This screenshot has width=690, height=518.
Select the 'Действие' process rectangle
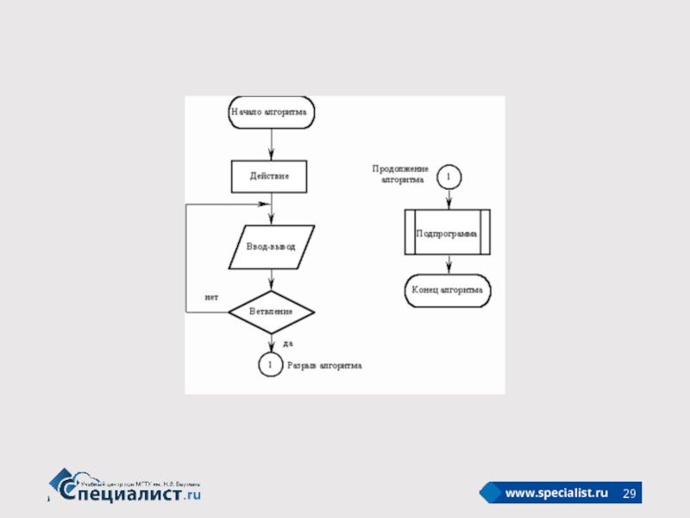[270, 176]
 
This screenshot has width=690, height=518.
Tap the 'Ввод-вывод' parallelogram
[271, 247]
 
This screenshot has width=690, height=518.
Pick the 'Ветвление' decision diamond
[271, 311]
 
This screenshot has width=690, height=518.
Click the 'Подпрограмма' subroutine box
[448, 233]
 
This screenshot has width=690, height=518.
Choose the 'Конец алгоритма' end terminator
[448, 291]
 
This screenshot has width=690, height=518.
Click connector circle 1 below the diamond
[270, 365]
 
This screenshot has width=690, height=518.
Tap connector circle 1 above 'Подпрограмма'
[448, 177]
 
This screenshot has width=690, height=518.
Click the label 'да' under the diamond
[288, 343]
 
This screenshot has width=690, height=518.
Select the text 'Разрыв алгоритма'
[324, 366]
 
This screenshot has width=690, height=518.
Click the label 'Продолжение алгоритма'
[400, 174]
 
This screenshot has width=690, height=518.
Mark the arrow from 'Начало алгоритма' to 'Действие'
[271, 143]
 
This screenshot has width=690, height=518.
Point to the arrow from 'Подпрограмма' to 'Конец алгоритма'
[448, 266]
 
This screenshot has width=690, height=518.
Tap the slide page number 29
[630, 493]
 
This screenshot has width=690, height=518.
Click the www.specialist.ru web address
[556, 493]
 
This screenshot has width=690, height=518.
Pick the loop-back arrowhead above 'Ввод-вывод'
[265, 205]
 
